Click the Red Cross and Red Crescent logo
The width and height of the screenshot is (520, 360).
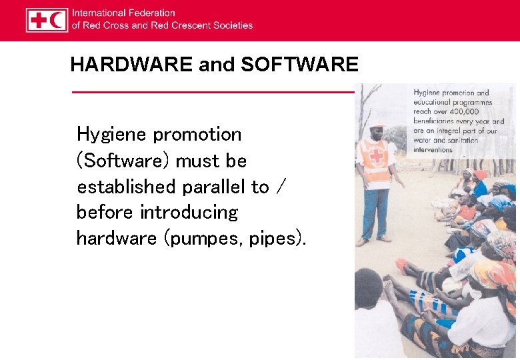point(47,20)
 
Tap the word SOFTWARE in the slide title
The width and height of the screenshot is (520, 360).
point(299,65)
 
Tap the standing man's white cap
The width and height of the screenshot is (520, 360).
point(378,124)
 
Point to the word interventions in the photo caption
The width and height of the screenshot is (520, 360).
point(433,150)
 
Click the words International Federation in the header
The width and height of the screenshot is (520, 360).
point(123,13)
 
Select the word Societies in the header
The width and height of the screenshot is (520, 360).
point(233,25)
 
